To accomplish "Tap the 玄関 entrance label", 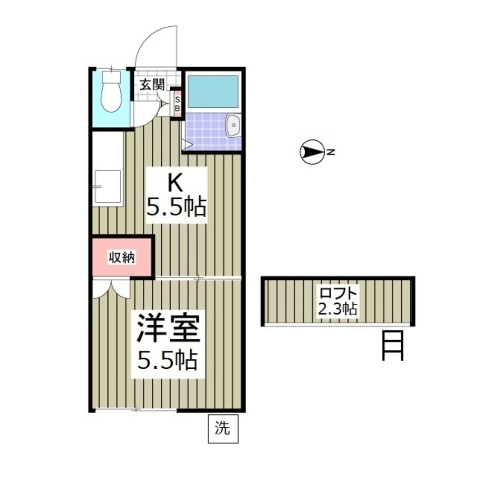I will [x=152, y=85].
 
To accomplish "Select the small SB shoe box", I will [x=176, y=104].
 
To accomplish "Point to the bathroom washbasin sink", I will [x=233, y=125].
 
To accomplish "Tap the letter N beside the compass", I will [x=331, y=153].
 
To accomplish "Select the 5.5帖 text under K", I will [x=176, y=207].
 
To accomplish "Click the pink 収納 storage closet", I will [x=122, y=258].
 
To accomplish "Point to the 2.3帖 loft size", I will [x=338, y=309].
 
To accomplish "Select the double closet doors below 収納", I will [x=111, y=288].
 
